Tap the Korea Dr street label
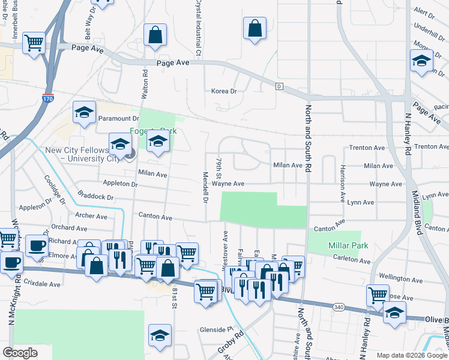click(x=224, y=91)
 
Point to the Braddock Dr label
click(x=95, y=196)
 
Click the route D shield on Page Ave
click(x=279, y=86)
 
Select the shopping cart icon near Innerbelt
click(x=34, y=42)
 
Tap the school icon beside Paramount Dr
click(x=85, y=112)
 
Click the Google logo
click(x=20, y=353)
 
